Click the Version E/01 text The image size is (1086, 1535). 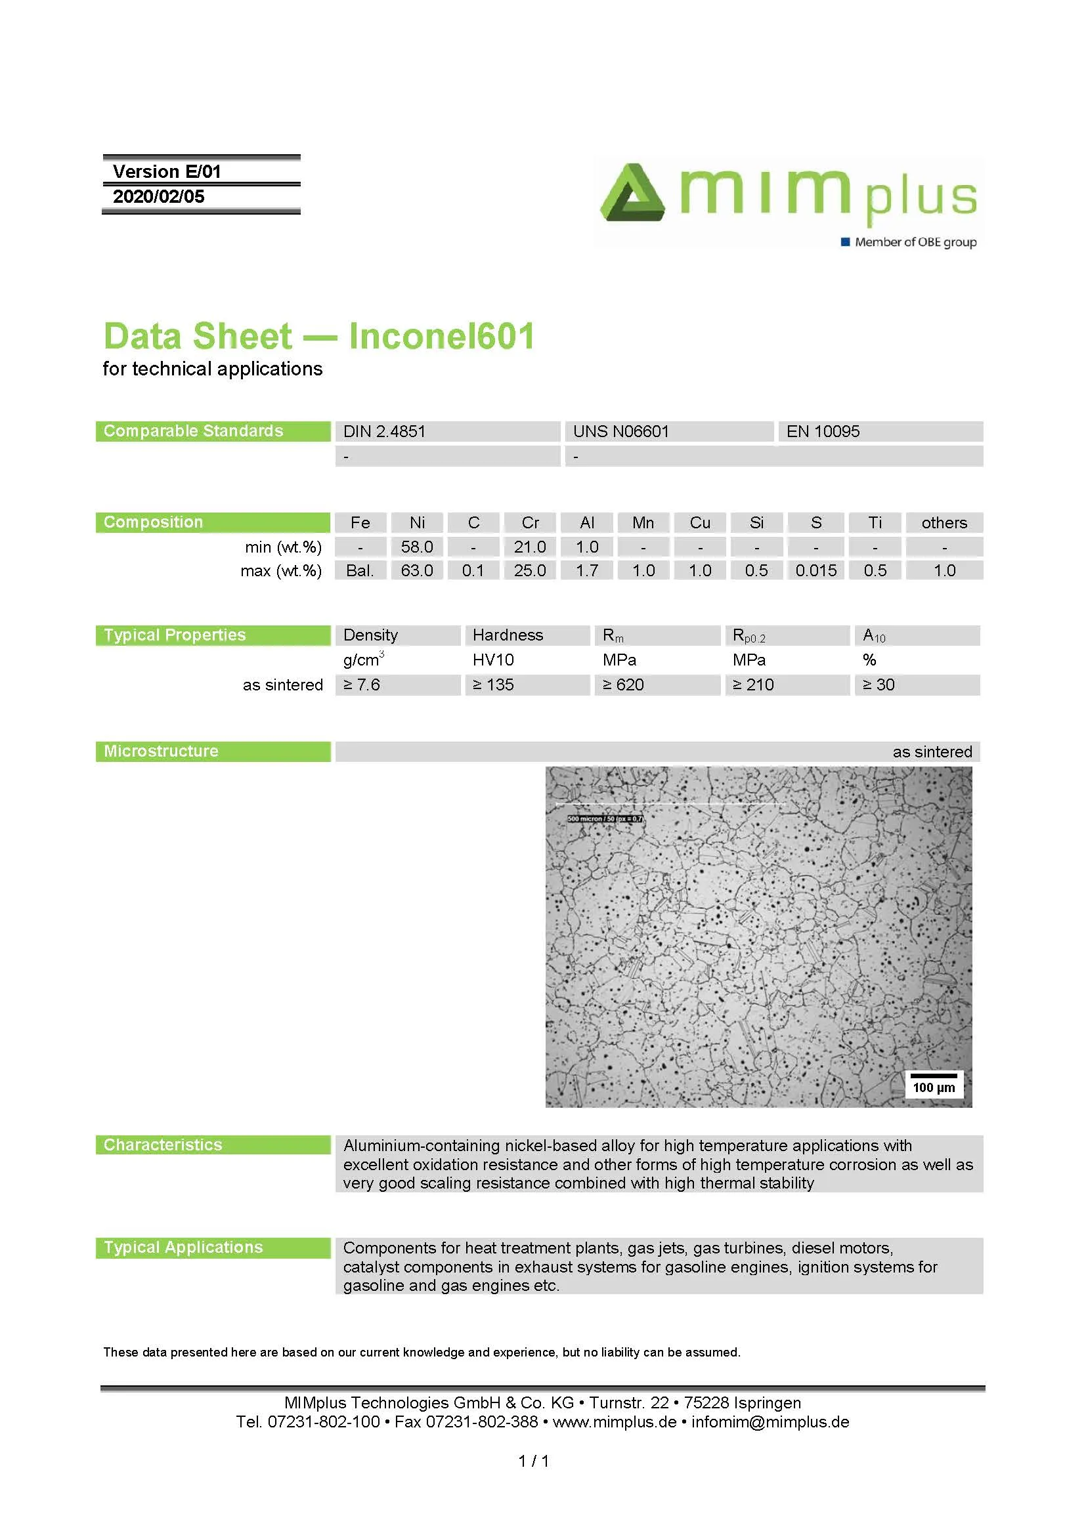tap(167, 172)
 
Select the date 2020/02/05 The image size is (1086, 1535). tap(158, 197)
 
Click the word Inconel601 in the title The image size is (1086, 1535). tap(441, 336)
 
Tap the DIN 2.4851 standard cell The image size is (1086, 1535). tap(385, 431)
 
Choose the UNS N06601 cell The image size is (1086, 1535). tap(620, 431)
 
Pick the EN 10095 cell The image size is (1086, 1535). tap(823, 431)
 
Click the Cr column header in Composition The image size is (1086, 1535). tap(530, 523)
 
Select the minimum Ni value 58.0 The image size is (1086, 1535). tap(417, 547)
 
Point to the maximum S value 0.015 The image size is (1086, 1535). tap(816, 570)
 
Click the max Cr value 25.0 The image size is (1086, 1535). tap(530, 570)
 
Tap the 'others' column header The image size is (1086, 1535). tap(944, 523)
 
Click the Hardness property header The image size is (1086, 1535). tap(508, 635)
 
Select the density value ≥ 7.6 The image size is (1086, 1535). tap(362, 684)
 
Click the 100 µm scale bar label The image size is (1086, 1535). tap(934, 1087)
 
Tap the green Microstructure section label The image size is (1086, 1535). tap(161, 751)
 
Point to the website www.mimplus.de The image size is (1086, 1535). tap(614, 1421)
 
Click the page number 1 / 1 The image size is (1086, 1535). tap(534, 1461)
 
